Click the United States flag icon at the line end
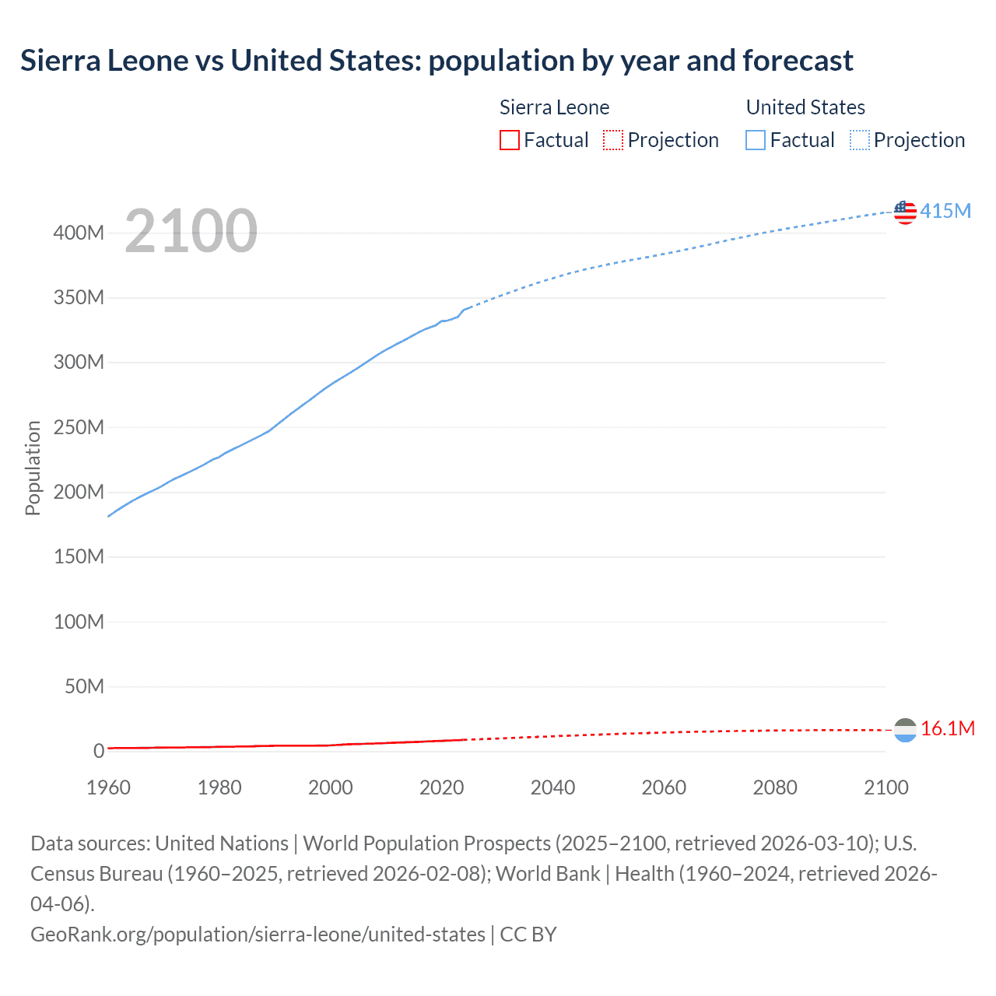(x=905, y=212)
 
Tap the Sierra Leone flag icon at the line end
(x=905, y=730)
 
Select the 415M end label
(x=945, y=211)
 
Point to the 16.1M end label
(x=948, y=728)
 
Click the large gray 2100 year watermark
(x=191, y=231)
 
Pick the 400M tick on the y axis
(x=79, y=233)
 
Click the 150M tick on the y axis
(x=79, y=557)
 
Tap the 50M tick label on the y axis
(x=84, y=686)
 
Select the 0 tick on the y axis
(x=99, y=751)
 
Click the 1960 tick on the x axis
(x=108, y=787)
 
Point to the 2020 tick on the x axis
(x=441, y=787)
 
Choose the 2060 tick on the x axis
(x=664, y=787)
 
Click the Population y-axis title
(x=33, y=468)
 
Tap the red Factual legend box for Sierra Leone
(x=510, y=140)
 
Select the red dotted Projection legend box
(x=613, y=140)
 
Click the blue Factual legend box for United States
(x=756, y=140)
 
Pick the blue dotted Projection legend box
(x=860, y=140)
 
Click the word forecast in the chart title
(x=798, y=60)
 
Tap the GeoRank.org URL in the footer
(x=258, y=934)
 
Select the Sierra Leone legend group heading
(x=554, y=107)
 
